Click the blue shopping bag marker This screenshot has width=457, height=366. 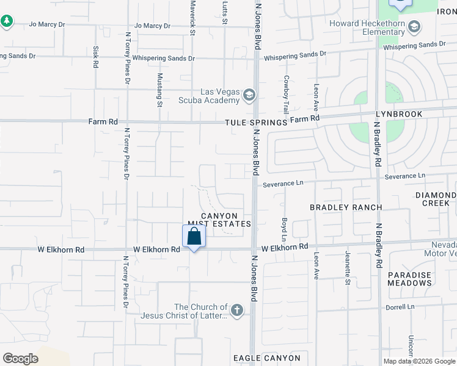pos(194,236)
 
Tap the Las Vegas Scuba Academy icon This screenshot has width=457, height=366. pos(249,95)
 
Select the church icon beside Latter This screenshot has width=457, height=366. pos(236,311)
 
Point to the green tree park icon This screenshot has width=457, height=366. pos(7,21)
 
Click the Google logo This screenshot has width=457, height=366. pos(20,359)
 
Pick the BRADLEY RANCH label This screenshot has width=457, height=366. pos(346,207)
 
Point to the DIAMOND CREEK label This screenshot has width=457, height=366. pos(436,199)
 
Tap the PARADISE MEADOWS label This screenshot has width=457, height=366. pos(409,279)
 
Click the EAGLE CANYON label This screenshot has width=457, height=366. pos(266,357)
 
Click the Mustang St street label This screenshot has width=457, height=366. pos(160,90)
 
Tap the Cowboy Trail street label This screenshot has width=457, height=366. pos(285,95)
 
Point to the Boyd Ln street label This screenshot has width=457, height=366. pos(284,229)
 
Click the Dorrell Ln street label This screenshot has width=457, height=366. pos(400,306)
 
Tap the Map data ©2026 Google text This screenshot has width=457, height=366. pos(419,361)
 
